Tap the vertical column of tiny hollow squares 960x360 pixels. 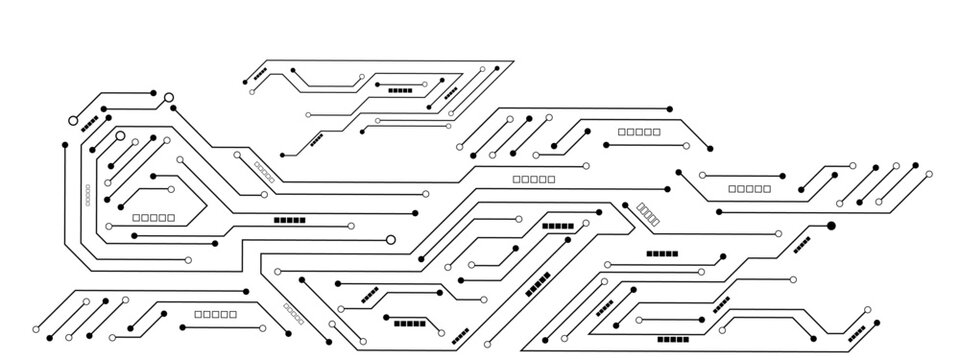[87, 193]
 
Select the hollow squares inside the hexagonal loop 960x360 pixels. [153, 217]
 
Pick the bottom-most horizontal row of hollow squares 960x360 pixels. [209, 314]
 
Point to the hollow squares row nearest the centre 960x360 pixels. [533, 180]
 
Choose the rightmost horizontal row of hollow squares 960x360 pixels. [750, 188]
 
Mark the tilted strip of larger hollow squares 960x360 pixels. [649, 214]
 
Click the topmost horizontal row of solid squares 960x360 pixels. [400, 90]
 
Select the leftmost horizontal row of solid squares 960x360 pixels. [290, 219]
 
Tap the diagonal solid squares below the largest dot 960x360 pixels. [802, 244]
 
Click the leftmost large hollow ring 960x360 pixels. [73, 121]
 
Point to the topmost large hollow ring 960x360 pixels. [168, 98]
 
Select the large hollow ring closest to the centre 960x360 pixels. [391, 239]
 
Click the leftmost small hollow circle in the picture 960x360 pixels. [36, 330]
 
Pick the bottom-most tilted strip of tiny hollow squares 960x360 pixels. [294, 314]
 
